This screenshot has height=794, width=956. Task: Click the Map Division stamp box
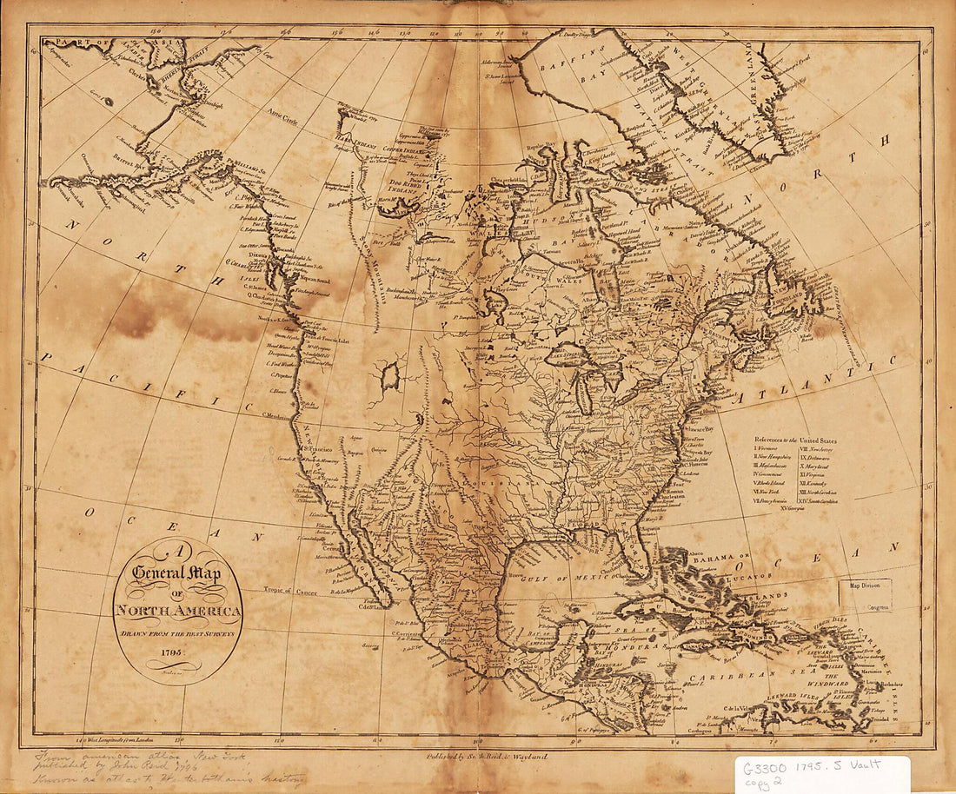(x=864, y=595)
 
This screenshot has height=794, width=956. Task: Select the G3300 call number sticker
(x=821, y=770)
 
